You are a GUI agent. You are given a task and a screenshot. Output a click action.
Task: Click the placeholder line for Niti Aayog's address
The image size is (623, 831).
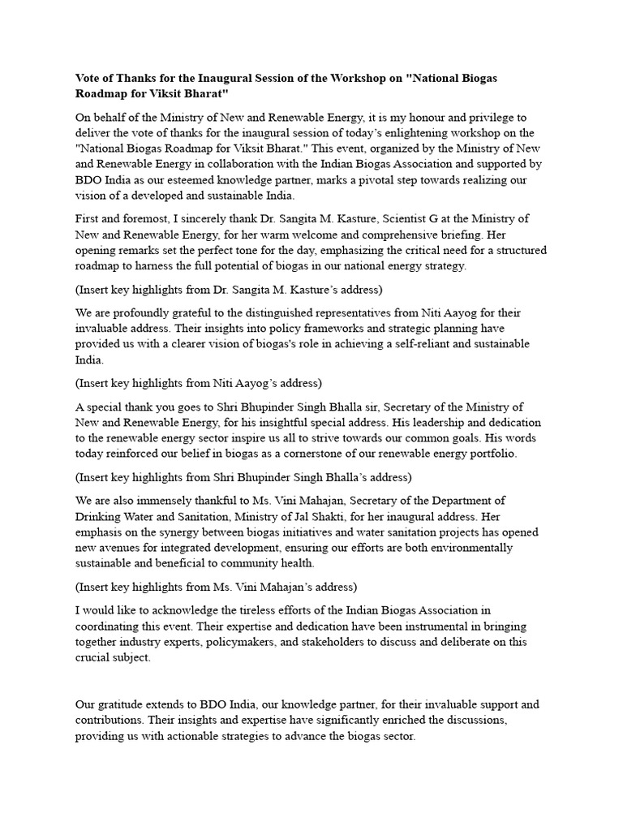pyautogui.click(x=199, y=383)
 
